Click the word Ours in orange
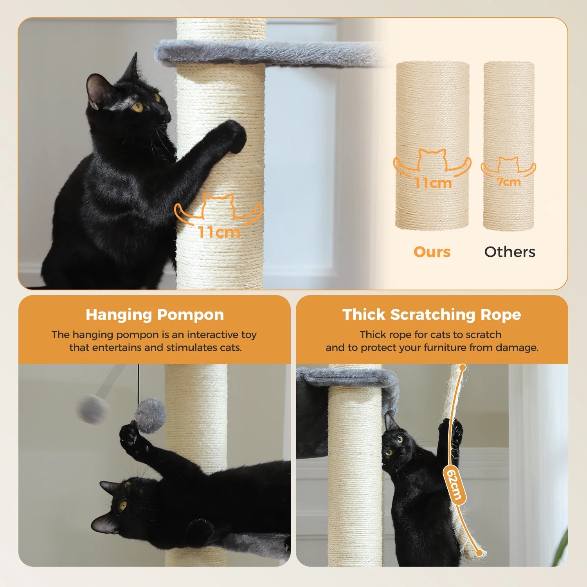(x=432, y=252)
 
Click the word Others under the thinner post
(x=510, y=252)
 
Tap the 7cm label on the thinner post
(x=508, y=182)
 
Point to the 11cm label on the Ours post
(x=433, y=183)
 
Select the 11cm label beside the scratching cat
(x=219, y=232)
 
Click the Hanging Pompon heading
(x=155, y=315)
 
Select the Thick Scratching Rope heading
(x=432, y=315)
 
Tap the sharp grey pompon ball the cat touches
(x=151, y=415)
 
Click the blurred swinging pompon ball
(x=92, y=409)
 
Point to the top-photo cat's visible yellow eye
(x=137, y=106)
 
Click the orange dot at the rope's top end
(x=463, y=367)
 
